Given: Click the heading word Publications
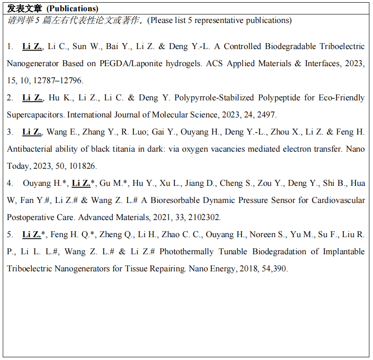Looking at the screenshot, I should point(73,9).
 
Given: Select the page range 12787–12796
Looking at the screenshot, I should point(58,81).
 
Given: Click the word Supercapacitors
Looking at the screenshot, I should point(36,115).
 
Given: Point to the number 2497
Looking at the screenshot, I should point(266,115).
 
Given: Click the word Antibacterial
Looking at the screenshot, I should point(31,149).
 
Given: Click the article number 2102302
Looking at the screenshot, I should point(205,218).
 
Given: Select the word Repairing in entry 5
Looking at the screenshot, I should point(168,269).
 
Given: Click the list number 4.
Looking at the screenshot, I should point(9,184).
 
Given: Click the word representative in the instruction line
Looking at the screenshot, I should point(215,20).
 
